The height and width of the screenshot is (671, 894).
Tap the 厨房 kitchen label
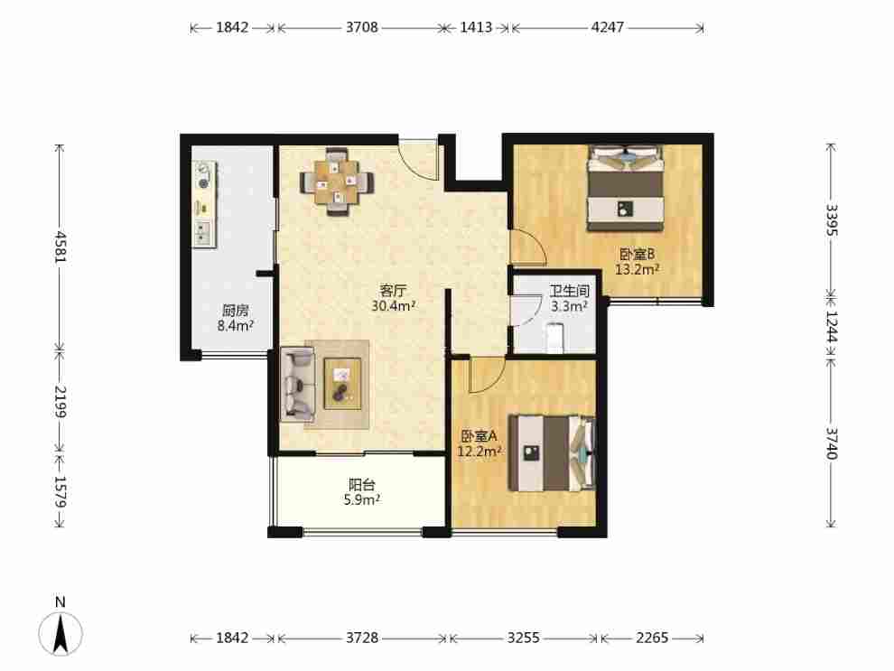[236, 311]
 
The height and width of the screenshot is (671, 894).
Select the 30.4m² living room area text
[394, 306]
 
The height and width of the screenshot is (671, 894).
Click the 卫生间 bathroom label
[569, 291]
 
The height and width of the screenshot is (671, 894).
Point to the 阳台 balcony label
[362, 485]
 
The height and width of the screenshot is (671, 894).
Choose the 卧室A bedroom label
[480, 436]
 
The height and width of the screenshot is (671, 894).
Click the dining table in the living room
[338, 182]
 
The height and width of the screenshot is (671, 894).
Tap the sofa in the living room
[297, 384]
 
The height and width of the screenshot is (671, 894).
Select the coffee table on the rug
[342, 383]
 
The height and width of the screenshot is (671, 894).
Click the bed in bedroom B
[626, 188]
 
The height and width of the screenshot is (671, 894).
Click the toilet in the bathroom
[554, 338]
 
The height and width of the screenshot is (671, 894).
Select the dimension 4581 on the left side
[61, 247]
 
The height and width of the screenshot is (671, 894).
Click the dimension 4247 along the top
[608, 27]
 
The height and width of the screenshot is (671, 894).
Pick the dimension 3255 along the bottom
[524, 638]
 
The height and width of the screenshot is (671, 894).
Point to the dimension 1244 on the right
[831, 327]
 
